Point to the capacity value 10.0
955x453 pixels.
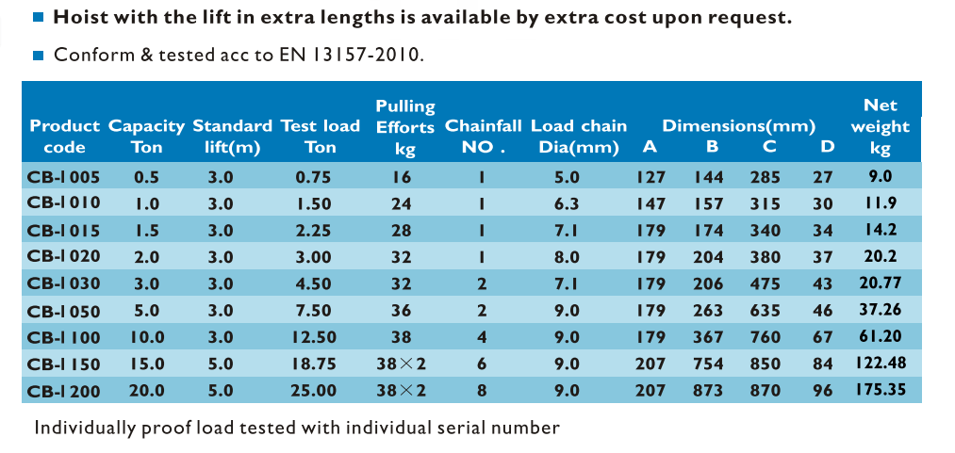(x=146, y=336)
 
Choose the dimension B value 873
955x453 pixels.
(x=709, y=390)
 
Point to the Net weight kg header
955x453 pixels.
(x=881, y=127)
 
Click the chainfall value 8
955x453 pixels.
(x=481, y=390)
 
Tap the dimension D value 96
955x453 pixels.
(x=823, y=390)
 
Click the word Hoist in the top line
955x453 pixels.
(x=78, y=17)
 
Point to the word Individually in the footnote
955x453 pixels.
(x=86, y=429)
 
